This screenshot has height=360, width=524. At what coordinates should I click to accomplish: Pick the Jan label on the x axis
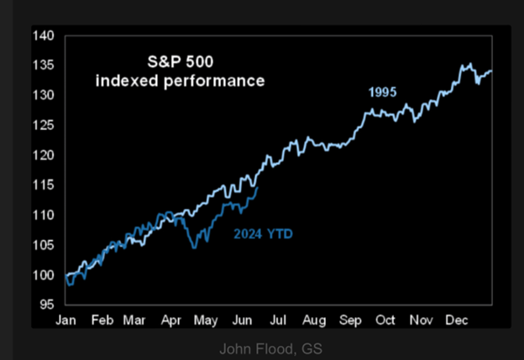[x=66, y=321]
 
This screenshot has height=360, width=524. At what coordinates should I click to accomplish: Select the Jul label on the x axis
[x=276, y=321]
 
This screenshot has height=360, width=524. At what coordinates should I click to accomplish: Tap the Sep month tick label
[x=349, y=321]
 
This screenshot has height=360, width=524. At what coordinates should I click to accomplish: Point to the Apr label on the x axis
[x=171, y=321]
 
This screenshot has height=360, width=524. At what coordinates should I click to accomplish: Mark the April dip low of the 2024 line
[x=194, y=248]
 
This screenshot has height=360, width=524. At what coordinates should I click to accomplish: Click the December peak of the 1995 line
[x=468, y=64]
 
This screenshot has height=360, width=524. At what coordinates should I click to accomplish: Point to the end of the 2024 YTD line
[x=257, y=188]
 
